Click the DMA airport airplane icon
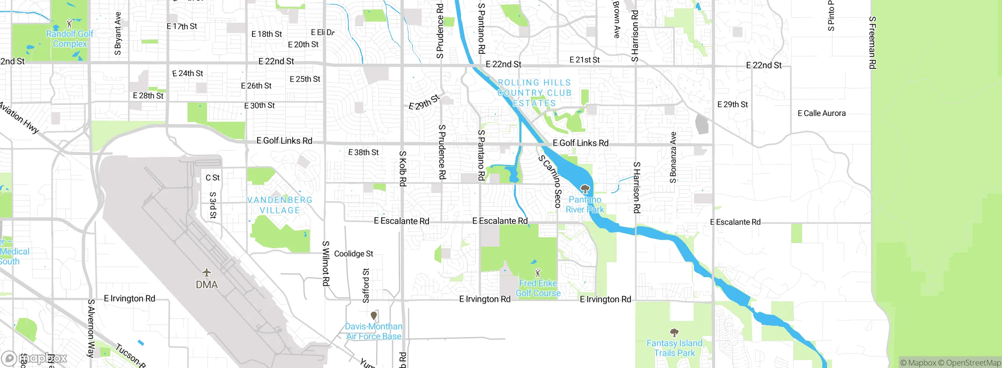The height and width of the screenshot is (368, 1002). (207, 272)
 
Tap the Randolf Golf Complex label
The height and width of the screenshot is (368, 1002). (70, 39)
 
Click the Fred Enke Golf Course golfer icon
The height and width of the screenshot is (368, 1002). (538, 272)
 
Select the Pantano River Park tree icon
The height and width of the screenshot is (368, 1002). (585, 189)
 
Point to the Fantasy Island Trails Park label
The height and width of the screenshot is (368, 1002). (674, 348)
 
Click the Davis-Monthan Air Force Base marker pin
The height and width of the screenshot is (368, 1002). (374, 315)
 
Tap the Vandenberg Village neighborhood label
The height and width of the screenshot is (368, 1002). (279, 205)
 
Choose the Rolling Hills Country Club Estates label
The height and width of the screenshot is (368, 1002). (534, 93)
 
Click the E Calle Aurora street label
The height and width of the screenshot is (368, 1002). (822, 113)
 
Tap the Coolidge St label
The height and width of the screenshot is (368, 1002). (353, 254)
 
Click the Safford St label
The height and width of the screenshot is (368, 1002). (366, 285)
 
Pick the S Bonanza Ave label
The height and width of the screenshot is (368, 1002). (673, 157)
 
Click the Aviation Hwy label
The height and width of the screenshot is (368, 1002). (19, 117)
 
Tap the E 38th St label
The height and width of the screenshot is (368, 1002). (363, 152)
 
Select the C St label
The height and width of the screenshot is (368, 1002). (213, 178)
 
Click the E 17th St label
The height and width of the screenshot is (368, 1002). (182, 26)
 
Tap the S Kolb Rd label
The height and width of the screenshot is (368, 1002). (402, 168)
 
